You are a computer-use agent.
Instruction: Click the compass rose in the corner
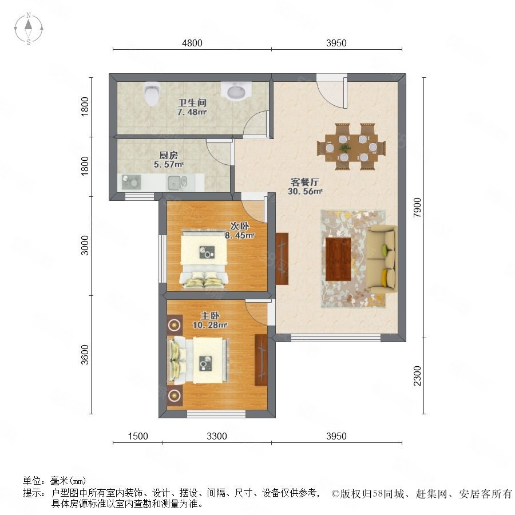point(29,28)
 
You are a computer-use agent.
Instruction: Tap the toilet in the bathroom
point(152,93)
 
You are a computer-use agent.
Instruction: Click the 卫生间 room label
point(192,102)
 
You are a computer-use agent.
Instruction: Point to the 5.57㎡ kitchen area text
point(168,164)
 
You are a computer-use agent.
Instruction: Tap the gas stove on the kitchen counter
point(132,182)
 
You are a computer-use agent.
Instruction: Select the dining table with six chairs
point(351,147)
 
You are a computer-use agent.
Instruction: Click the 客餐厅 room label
point(305,181)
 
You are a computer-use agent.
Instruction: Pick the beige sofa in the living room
point(381,259)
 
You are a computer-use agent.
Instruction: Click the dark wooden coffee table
point(338,259)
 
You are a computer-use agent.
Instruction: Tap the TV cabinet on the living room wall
point(282,259)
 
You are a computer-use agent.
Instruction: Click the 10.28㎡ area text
point(210,325)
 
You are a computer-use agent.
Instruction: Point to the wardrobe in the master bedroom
point(261,360)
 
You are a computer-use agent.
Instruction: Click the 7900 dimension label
point(417,208)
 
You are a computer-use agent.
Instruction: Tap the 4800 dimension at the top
point(192,43)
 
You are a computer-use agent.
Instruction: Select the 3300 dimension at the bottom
point(217,436)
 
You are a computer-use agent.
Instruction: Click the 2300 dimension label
point(417,376)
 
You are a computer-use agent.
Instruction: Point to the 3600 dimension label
point(85,355)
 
